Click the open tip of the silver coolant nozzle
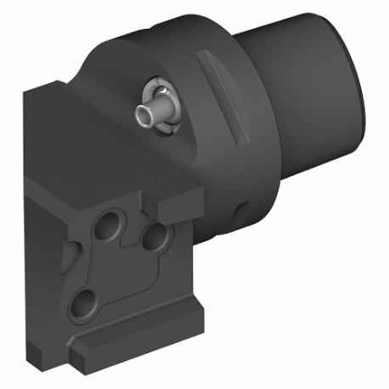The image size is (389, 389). [138, 116]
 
